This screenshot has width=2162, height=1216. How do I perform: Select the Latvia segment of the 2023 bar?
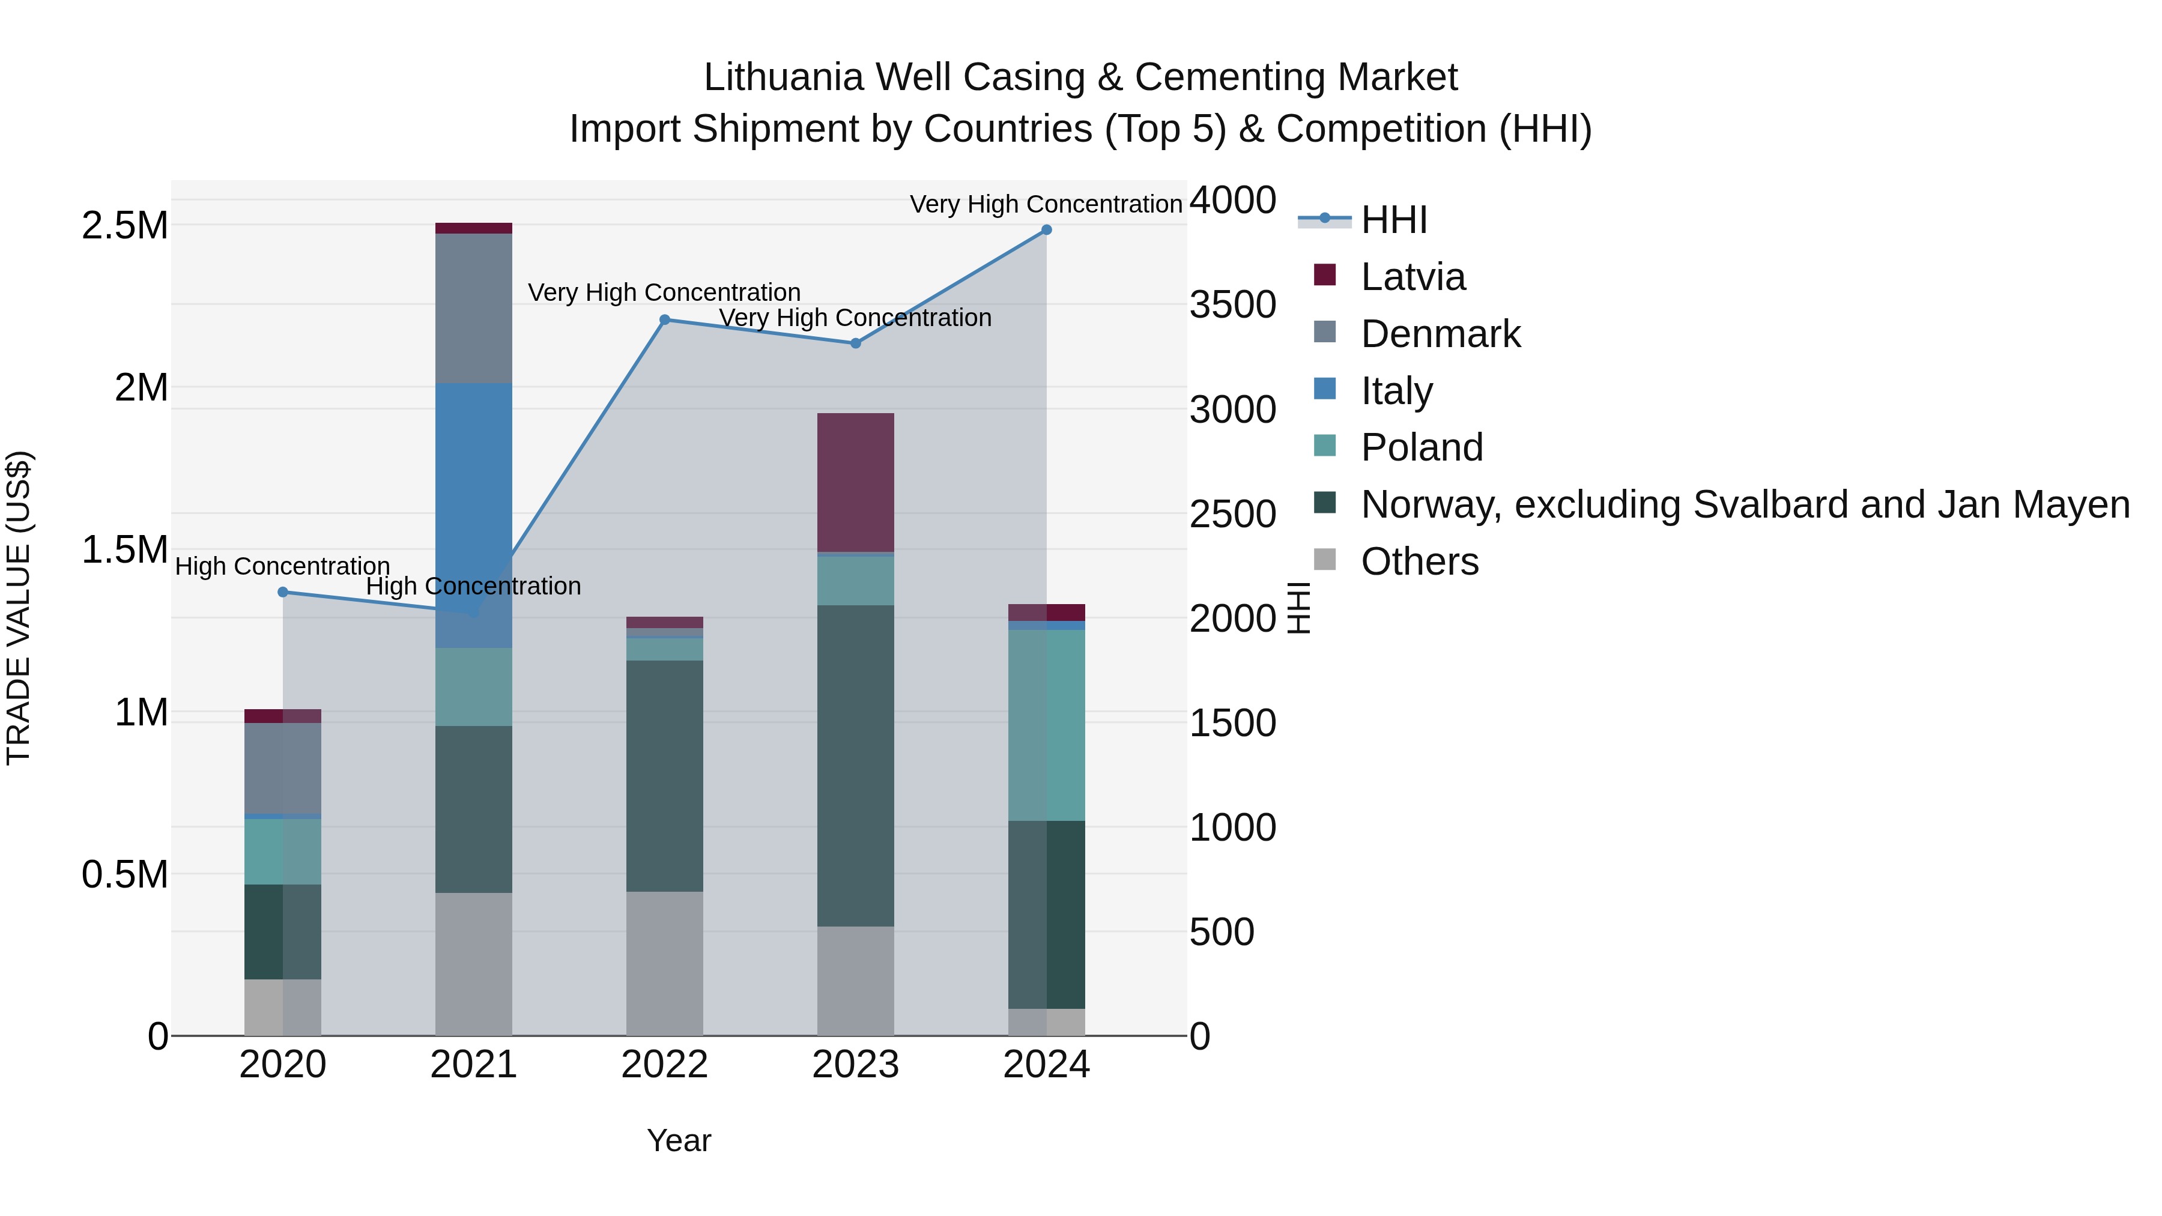(855, 483)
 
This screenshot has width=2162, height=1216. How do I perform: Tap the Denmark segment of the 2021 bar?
(473, 308)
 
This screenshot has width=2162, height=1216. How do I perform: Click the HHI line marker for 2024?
(1047, 230)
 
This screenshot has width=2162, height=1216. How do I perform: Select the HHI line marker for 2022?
(665, 319)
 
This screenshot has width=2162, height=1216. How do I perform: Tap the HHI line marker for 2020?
(283, 593)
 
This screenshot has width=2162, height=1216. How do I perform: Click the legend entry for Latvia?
(1413, 277)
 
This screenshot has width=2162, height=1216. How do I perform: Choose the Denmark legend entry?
(1440, 334)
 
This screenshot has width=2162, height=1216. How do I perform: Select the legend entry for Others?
(1419, 561)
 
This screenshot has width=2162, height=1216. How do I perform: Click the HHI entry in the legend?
(1393, 220)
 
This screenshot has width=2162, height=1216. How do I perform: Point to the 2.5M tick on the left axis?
(124, 226)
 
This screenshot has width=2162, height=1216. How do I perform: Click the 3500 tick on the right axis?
(1233, 304)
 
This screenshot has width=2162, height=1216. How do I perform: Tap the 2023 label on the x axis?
(855, 1065)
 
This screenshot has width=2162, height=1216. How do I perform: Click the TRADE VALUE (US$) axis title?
(19, 608)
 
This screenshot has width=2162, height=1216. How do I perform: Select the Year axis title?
(679, 1140)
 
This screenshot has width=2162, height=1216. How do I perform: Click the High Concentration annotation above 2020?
(282, 566)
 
